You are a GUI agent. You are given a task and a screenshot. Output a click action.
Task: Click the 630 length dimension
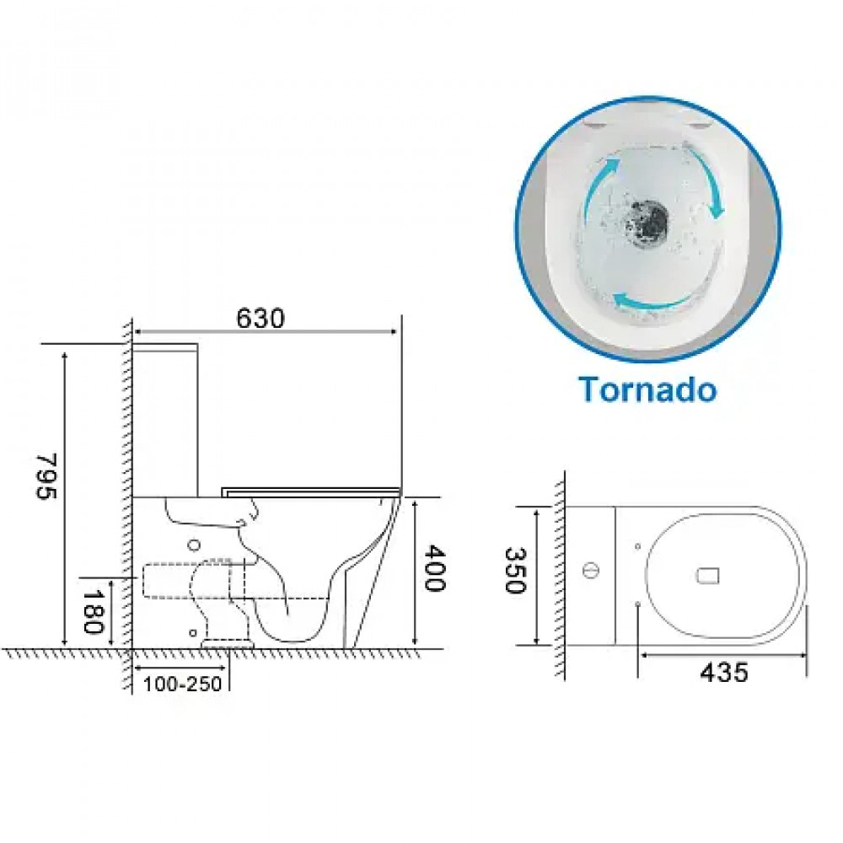[260, 319]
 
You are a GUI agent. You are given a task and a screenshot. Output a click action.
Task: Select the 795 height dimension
[46, 476]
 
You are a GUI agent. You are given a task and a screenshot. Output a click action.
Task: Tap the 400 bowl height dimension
[434, 568]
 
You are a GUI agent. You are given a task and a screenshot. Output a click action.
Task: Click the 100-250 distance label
[183, 684]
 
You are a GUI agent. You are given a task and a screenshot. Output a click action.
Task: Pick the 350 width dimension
[514, 571]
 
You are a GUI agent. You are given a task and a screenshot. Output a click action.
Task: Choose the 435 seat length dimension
[723, 672]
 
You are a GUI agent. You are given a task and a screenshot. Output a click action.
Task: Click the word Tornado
[647, 389]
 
